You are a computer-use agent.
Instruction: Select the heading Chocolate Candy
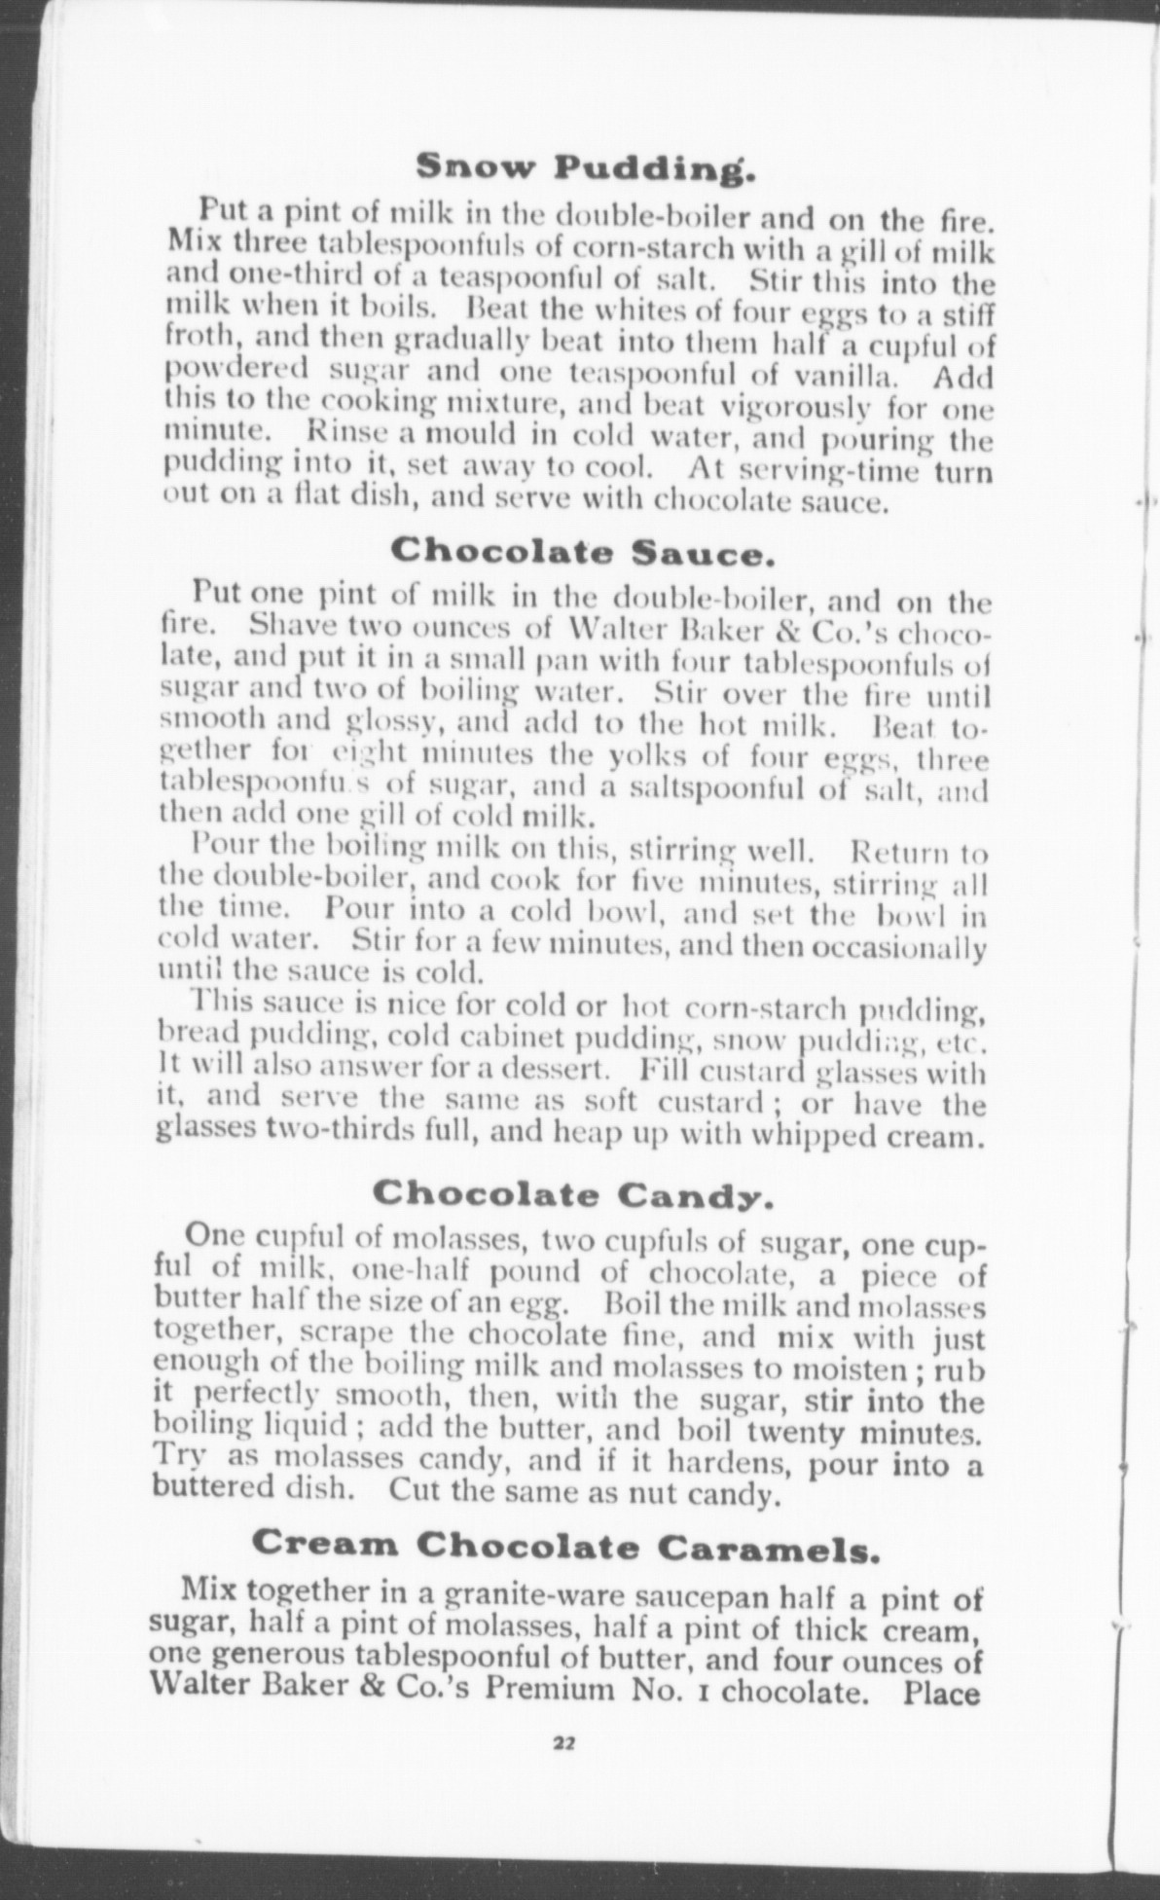click(x=573, y=1192)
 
